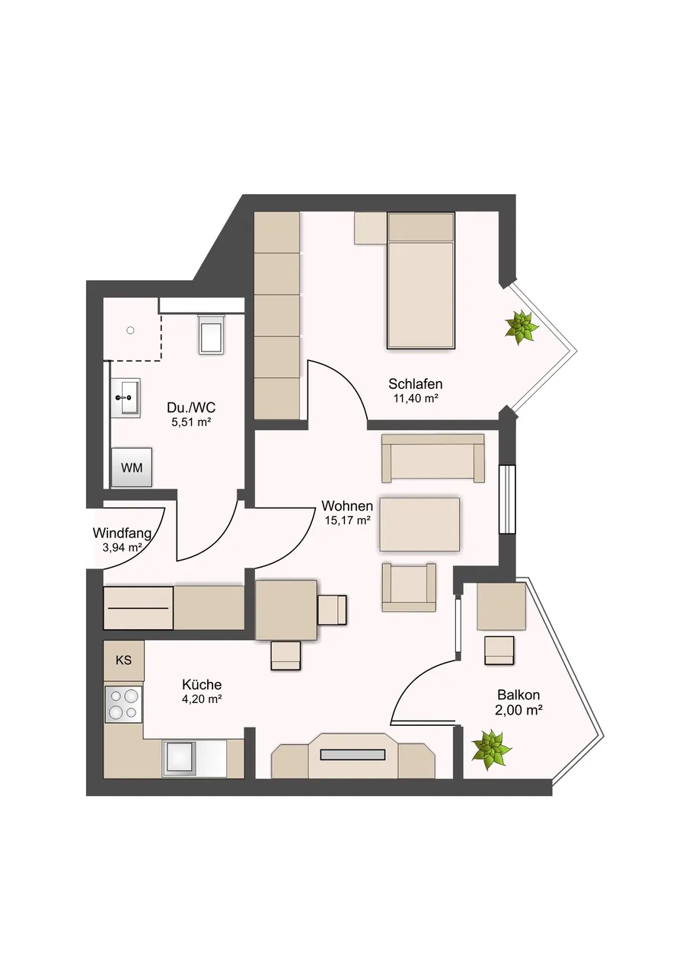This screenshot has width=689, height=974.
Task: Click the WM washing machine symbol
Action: coord(132,467)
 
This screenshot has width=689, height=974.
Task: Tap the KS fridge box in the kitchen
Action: coord(123,660)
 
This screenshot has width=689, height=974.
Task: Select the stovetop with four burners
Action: coord(123,705)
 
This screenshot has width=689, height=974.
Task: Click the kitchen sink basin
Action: coord(179,759)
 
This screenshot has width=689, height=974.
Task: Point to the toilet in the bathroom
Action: coord(212,334)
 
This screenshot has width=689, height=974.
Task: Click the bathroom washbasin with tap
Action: coord(126,398)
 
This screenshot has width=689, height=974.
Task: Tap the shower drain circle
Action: coord(130,330)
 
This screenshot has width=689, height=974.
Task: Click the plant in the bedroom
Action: coord(522,327)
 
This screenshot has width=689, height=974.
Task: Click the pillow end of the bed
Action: coord(420,227)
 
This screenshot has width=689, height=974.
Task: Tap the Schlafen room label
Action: coord(416,384)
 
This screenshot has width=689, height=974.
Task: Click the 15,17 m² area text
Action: coord(347,520)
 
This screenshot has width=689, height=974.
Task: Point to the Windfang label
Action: coord(123,533)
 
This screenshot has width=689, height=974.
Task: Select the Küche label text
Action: coord(202,685)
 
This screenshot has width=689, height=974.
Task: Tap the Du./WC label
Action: coord(191,407)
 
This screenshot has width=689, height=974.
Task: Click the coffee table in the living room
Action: coord(419,524)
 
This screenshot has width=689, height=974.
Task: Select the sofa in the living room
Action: coord(433,458)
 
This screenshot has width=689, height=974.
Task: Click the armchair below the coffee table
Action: coord(409,587)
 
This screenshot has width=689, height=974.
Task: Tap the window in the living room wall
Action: coord(507,499)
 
